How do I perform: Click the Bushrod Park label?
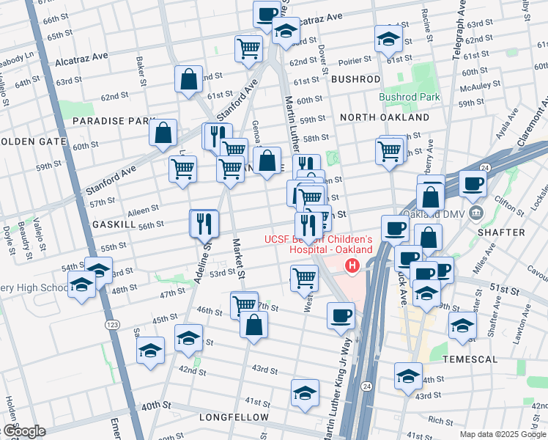[x=409, y=97]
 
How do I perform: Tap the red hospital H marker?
[x=353, y=265]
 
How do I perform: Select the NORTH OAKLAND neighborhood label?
[x=385, y=117]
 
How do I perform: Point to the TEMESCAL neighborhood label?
[x=470, y=359]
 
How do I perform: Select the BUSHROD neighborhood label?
[x=355, y=78]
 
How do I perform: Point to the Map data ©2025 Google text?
[x=503, y=433]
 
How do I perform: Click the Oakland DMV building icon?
[x=476, y=213]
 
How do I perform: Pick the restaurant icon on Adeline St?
[x=204, y=222]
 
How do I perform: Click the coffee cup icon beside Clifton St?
[x=473, y=184]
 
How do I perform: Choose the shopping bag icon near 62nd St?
[x=188, y=80]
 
